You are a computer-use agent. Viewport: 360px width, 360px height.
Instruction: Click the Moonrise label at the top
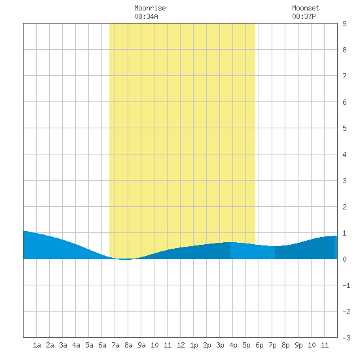150,8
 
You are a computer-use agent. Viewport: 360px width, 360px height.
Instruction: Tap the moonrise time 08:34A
146,16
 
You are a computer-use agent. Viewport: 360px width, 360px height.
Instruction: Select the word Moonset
306,8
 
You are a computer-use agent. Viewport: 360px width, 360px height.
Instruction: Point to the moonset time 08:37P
304,16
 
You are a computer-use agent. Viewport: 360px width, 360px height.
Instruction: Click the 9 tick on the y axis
344,24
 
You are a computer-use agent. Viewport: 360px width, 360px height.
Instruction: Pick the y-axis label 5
344,128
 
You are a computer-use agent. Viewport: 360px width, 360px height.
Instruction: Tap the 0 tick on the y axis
344,259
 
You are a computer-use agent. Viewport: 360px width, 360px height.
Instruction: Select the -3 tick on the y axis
346,338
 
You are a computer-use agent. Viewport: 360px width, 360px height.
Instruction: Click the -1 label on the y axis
346,285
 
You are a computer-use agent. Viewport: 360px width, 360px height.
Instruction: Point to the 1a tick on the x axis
37,345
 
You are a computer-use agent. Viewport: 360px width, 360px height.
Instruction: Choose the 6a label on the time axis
102,345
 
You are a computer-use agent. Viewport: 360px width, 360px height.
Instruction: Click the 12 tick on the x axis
181,345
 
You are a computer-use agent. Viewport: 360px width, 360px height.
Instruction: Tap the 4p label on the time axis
233,345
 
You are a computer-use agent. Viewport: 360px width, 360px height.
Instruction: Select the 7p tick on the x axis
272,345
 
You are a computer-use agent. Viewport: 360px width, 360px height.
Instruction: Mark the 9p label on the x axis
298,345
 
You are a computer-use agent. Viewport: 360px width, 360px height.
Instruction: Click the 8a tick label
128,345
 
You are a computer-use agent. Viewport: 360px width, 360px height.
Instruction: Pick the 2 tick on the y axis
344,207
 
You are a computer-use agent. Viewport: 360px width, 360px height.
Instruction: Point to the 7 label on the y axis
344,76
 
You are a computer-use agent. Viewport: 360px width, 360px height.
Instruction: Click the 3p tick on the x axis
220,345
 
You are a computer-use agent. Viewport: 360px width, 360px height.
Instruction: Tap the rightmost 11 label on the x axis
325,345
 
